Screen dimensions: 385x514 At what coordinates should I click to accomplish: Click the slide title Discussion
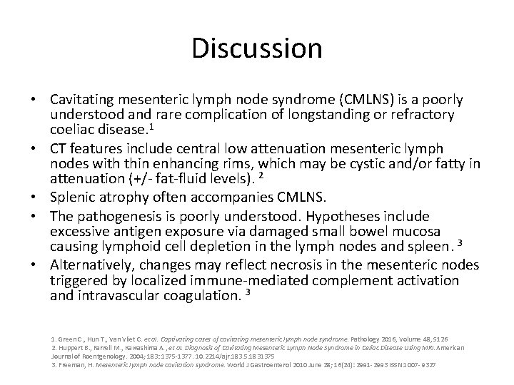[x=257, y=48]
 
